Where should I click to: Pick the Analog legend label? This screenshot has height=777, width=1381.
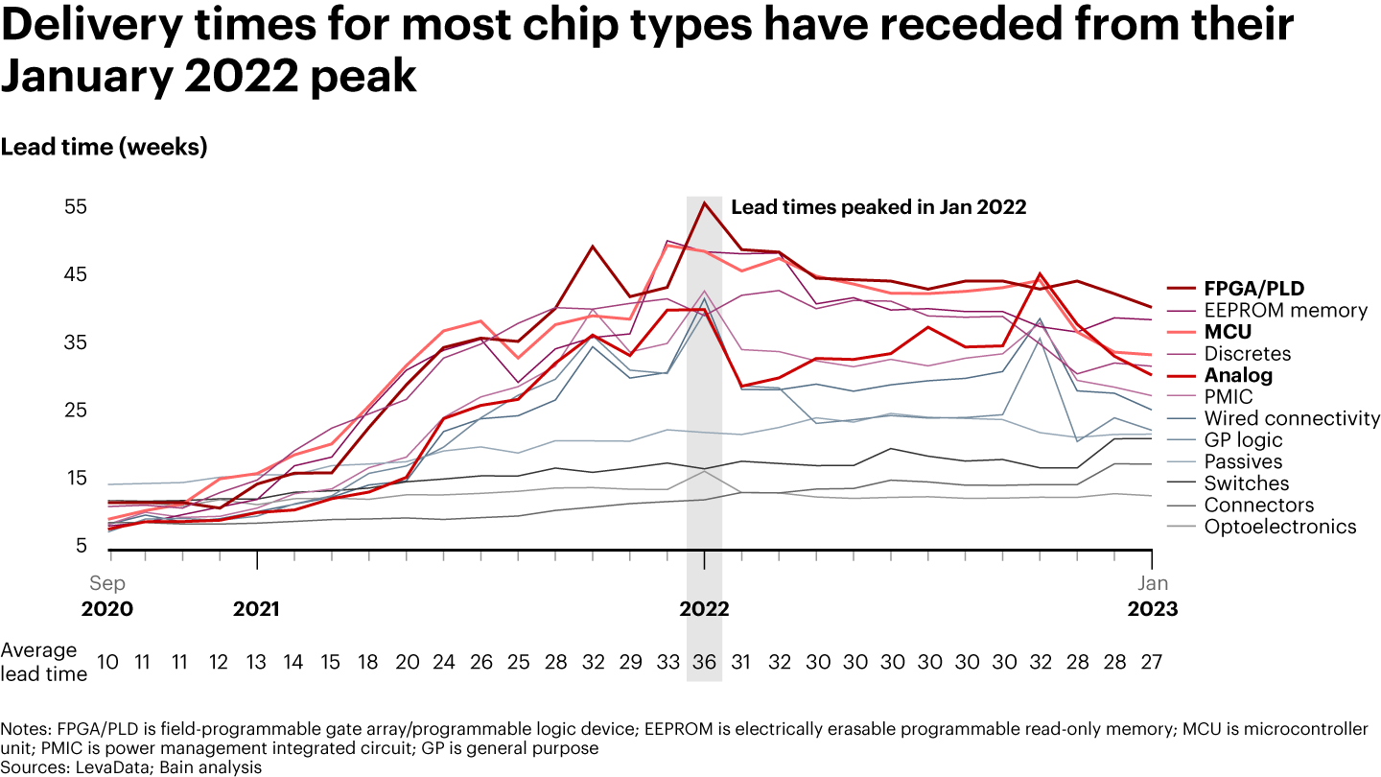pyautogui.click(x=1238, y=375)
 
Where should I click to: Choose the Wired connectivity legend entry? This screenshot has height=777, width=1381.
pyautogui.click(x=1292, y=418)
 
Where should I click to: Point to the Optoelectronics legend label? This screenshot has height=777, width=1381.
pyautogui.click(x=1280, y=527)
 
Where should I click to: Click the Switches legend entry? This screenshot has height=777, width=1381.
pyautogui.click(x=1247, y=483)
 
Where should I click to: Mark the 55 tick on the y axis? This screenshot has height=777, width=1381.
pyautogui.click(x=76, y=207)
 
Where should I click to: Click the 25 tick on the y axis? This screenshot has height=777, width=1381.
pyautogui.click(x=76, y=411)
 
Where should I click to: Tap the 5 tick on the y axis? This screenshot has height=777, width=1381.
pyautogui.click(x=82, y=547)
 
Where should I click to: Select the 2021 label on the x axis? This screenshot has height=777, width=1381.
pyautogui.click(x=257, y=609)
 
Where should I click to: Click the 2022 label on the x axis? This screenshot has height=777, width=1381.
pyautogui.click(x=705, y=609)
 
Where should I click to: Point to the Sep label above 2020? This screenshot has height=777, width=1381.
pyautogui.click(x=107, y=583)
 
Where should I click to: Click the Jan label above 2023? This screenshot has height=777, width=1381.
pyautogui.click(x=1153, y=583)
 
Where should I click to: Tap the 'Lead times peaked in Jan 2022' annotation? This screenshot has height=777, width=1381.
pyautogui.click(x=878, y=207)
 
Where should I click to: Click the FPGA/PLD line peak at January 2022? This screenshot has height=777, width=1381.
pyautogui.click(x=705, y=202)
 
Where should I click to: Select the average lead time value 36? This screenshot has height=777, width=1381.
pyautogui.click(x=705, y=662)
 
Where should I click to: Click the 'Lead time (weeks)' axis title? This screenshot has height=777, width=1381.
pyautogui.click(x=104, y=148)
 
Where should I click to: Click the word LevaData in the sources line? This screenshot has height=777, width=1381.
pyautogui.click(x=101, y=767)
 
